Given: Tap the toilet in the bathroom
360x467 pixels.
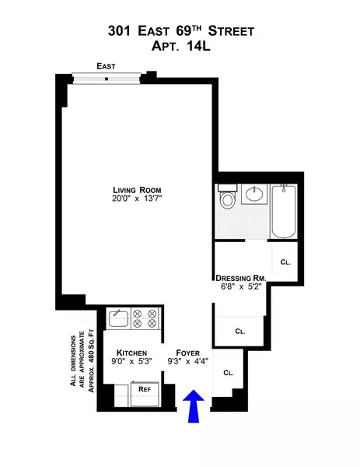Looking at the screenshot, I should click(x=228, y=198).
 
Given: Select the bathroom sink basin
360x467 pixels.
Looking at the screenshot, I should click(x=253, y=195).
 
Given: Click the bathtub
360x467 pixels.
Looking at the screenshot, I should click(x=283, y=211).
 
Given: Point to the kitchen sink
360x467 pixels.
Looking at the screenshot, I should click(x=118, y=318).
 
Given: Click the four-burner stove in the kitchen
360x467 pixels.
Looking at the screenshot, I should click(x=145, y=319).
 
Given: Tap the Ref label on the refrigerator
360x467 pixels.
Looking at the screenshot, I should click(x=144, y=388).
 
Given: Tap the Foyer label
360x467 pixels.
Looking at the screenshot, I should click(x=189, y=352).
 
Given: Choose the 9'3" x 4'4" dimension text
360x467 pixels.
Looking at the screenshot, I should click(x=189, y=362).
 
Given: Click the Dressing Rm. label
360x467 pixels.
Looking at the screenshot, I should click(x=242, y=277).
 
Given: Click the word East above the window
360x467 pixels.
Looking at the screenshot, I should click(x=107, y=67).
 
